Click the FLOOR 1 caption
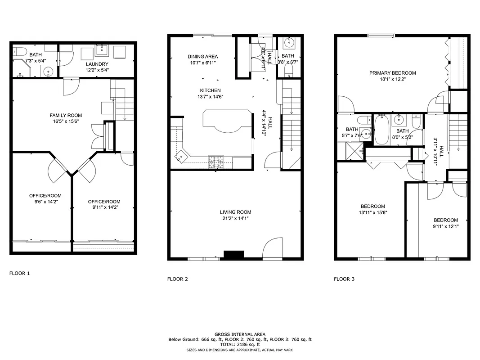pos(19,273)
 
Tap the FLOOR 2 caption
pos(178,279)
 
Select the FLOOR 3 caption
pos(344,279)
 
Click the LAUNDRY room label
pos(97,64)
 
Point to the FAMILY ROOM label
pos(66,116)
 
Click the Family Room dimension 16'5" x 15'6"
pos(66,121)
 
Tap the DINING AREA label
pos(202,57)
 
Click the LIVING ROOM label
pos(235,212)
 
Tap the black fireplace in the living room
pos(234,255)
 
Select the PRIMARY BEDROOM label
pos(392,73)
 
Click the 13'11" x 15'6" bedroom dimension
pos(372,212)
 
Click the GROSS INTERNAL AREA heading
pos(240,334)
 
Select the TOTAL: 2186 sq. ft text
pos(240,344)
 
